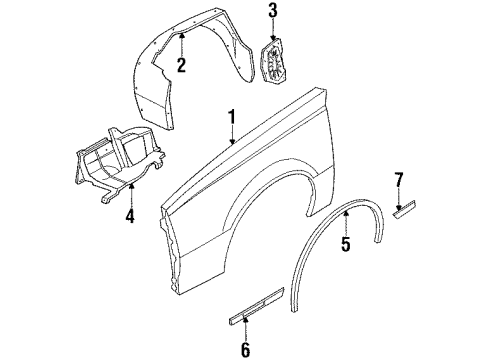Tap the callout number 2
click(x=181, y=67)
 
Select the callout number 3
click(x=272, y=11)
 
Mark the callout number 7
click(x=398, y=180)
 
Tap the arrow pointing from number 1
click(x=232, y=137)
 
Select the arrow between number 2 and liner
click(x=181, y=46)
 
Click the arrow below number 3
click(x=272, y=30)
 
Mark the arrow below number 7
click(x=399, y=195)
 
